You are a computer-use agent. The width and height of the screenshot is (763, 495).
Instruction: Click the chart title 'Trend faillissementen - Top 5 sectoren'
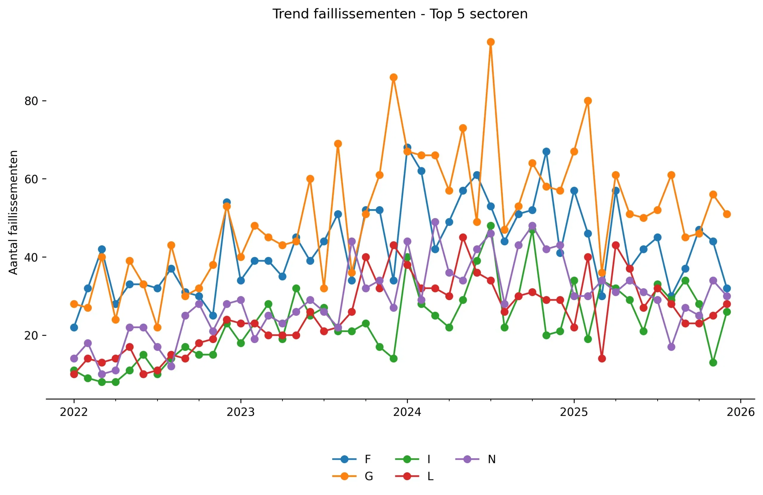point(400,14)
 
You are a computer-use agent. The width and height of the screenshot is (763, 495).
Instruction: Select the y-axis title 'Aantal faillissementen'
point(13,212)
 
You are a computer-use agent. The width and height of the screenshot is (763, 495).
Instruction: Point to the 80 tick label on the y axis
point(31,101)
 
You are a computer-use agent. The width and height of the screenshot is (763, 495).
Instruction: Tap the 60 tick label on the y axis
point(31,179)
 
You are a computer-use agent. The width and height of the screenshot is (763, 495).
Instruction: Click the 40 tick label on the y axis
point(31,257)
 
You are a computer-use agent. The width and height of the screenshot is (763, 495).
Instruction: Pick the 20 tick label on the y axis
point(31,335)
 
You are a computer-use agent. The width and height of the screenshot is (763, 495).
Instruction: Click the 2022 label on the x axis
point(74,412)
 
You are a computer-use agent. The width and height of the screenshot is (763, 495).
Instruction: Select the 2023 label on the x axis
point(241,412)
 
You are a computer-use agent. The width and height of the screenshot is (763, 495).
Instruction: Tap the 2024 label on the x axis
point(407,412)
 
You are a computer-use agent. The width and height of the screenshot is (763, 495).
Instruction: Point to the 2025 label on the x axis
point(574,412)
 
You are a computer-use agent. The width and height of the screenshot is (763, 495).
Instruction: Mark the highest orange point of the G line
point(491,42)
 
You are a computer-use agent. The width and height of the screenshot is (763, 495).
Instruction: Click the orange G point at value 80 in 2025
point(588,101)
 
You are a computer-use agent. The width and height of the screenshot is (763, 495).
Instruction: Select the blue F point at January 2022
point(74,327)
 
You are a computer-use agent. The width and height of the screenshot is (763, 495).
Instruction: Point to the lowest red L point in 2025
point(602,359)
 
